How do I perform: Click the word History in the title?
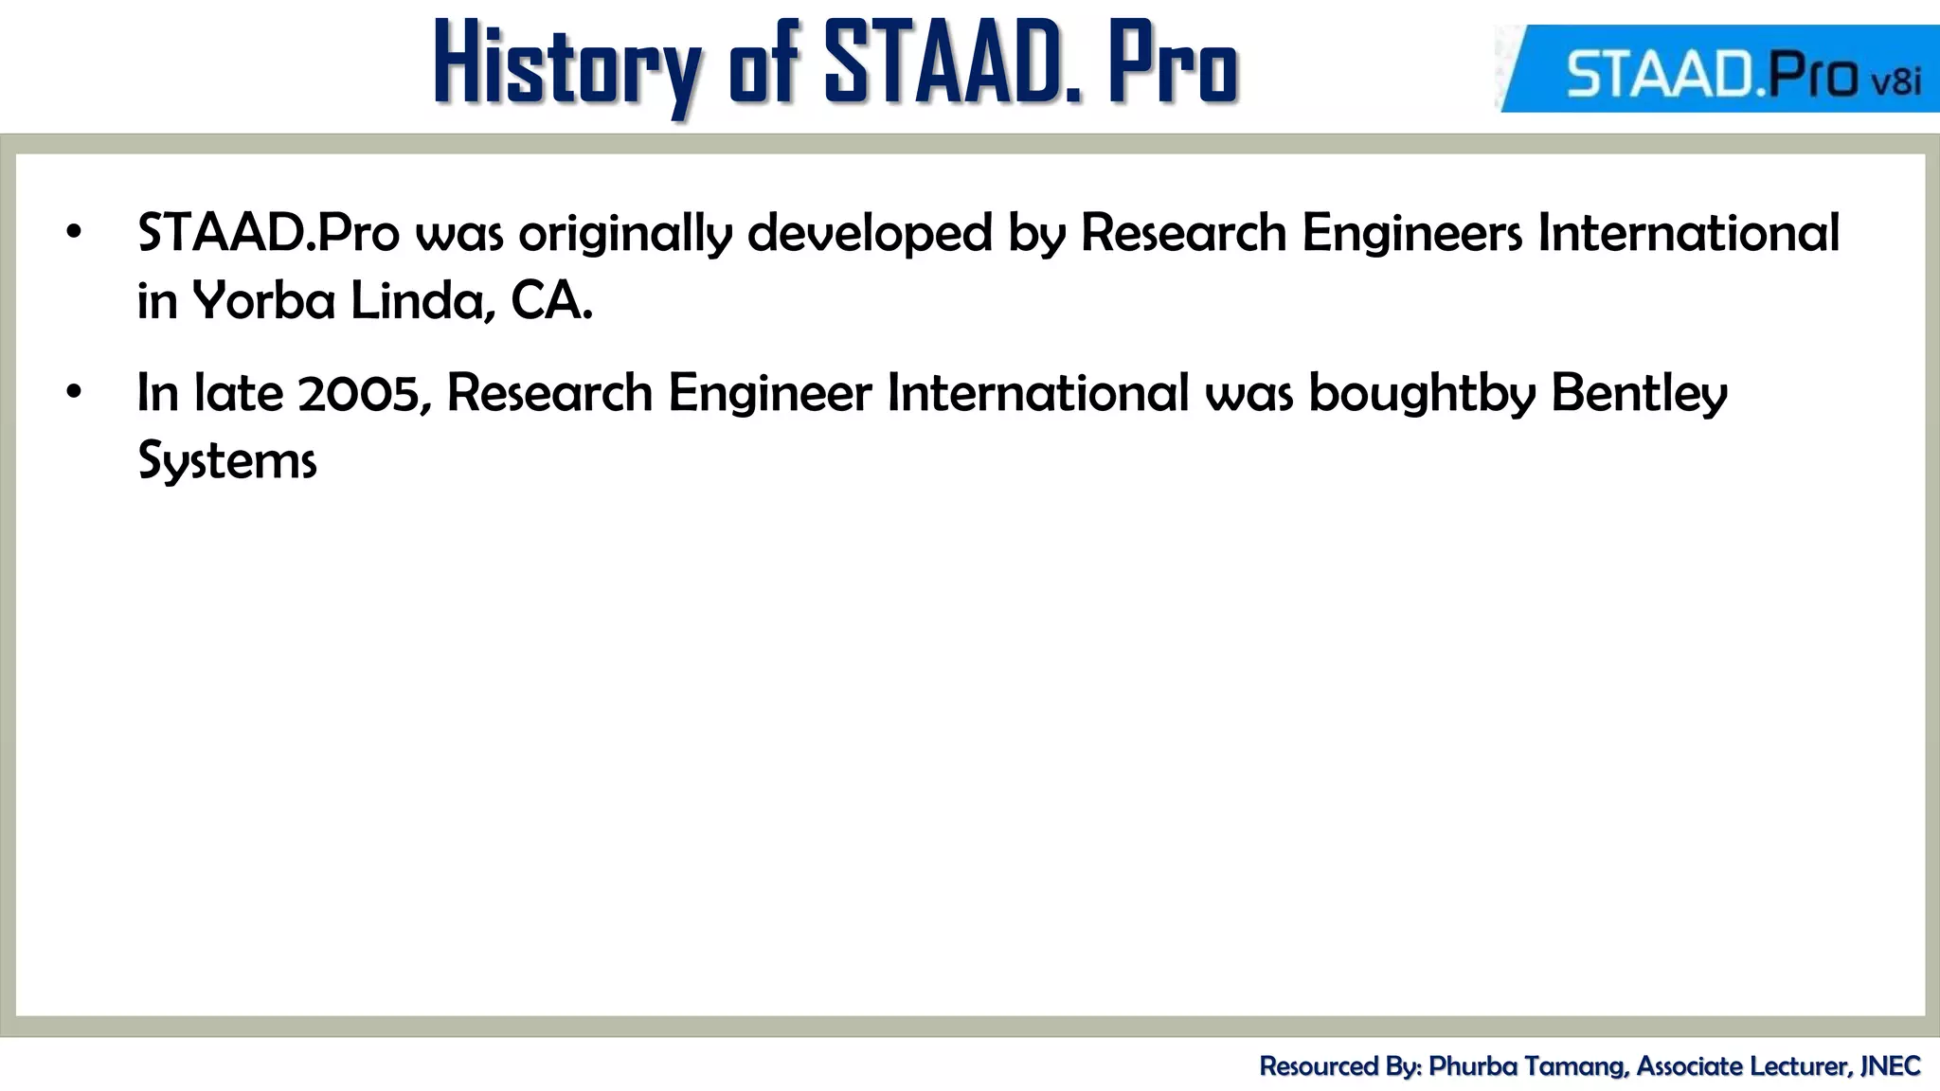566,64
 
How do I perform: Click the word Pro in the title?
1173,64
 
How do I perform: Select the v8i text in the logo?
1895,80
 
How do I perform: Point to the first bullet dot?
74,232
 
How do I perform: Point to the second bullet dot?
74,391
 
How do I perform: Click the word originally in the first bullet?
625,233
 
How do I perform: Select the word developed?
869,233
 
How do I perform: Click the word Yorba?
264,301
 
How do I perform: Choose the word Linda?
422,301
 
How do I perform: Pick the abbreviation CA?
551,301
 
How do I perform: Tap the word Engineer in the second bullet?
769,392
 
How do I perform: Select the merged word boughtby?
1421,392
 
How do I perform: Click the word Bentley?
1639,392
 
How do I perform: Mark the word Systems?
227,461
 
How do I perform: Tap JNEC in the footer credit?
1890,1066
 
